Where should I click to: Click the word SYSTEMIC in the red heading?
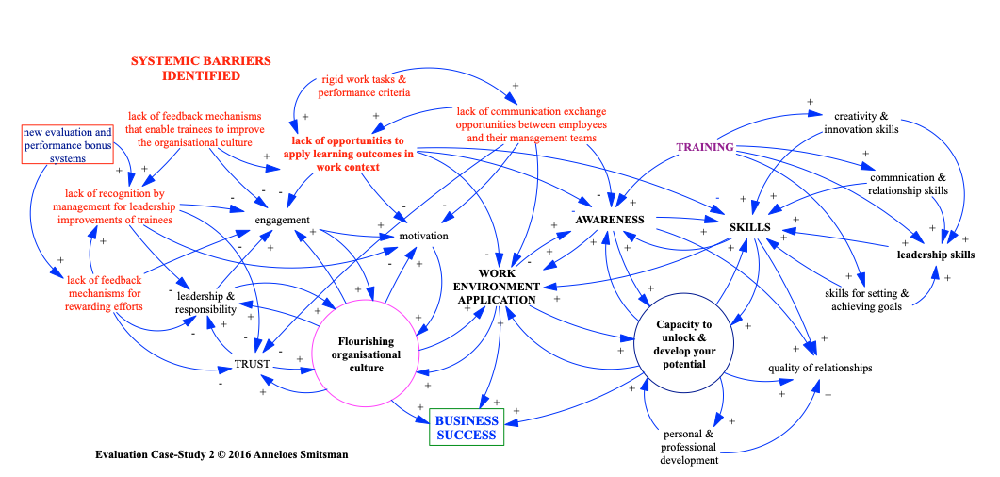[166, 61]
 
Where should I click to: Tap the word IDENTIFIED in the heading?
[200, 75]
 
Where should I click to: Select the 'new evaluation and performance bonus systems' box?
[68, 145]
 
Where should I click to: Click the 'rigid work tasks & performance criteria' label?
[363, 86]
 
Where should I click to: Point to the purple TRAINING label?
[704, 147]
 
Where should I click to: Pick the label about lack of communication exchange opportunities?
[532, 124]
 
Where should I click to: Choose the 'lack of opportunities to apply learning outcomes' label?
[349, 154]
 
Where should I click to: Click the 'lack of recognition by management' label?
[114, 206]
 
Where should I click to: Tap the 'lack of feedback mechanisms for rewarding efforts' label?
[105, 293]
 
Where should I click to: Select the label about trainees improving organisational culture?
[195, 129]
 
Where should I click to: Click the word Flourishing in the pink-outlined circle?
[367, 341]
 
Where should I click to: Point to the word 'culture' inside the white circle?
[366, 368]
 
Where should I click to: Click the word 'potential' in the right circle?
[684, 364]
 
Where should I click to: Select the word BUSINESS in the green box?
[467, 420]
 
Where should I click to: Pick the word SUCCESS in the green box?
[467, 435]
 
